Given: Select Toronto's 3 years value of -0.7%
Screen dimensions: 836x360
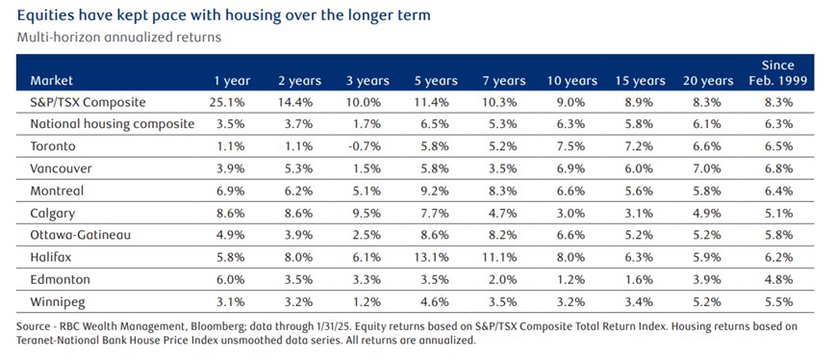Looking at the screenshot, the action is [367, 146].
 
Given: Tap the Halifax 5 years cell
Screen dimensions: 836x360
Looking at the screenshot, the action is [436, 258].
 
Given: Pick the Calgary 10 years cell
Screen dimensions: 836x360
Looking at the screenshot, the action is [572, 214].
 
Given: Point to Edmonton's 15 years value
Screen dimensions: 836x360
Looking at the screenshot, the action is [640, 280].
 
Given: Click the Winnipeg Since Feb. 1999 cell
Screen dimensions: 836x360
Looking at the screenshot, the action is [777, 302].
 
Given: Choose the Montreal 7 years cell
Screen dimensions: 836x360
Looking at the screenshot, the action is [504, 191].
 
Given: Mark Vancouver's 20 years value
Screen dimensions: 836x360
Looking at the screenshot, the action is [709, 169].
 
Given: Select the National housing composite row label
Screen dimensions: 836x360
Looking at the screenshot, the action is [112, 124].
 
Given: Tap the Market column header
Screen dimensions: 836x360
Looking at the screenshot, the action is [52, 81].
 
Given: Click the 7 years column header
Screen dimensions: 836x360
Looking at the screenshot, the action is [504, 81].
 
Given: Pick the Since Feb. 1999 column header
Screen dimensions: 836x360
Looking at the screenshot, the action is [778, 73].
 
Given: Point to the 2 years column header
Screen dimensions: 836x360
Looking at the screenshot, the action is [299, 81].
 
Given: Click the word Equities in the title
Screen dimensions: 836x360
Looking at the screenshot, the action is [46, 16].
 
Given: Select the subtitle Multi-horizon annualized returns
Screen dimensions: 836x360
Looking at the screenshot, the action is [119, 38].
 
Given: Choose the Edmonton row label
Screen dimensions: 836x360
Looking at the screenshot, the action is [61, 280].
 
